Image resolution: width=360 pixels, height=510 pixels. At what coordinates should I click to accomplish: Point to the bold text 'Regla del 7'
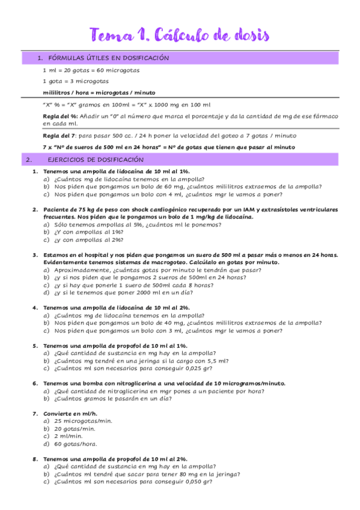[58, 135]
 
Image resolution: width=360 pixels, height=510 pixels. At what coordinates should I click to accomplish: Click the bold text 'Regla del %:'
[61, 115]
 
